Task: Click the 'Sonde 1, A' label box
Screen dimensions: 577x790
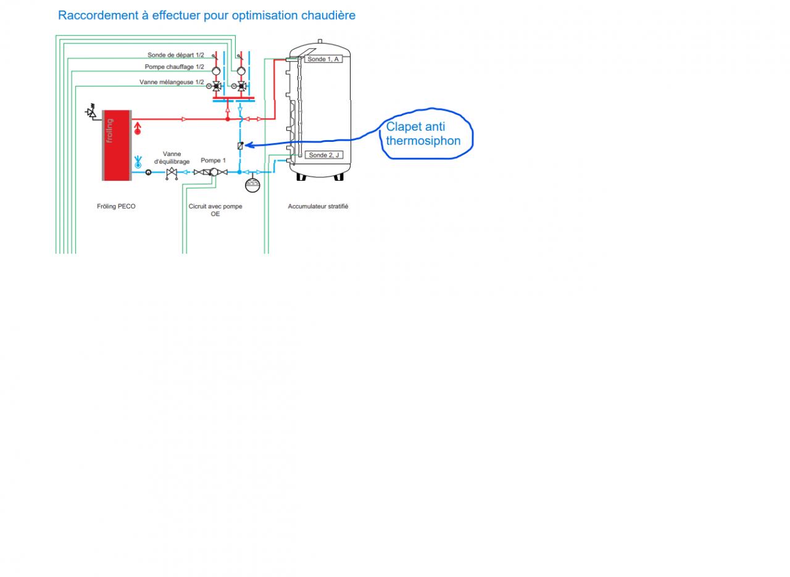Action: pos(323,59)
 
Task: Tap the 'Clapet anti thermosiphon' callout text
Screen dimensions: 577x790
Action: pos(423,134)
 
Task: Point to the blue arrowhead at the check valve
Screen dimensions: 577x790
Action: pos(248,146)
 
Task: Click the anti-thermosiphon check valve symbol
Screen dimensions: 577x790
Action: pos(240,146)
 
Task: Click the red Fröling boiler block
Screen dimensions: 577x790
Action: pos(117,145)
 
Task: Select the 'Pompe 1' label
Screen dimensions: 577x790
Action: pos(214,160)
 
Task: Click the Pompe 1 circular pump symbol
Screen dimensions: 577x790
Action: pos(213,172)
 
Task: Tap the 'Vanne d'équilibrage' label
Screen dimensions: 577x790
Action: pos(172,158)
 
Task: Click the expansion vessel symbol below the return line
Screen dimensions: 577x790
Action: pos(252,185)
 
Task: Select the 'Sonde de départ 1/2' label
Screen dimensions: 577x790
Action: pos(176,56)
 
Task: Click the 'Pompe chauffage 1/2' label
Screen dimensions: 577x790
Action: pos(175,67)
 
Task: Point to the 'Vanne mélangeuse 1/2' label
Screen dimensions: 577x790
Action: pos(172,82)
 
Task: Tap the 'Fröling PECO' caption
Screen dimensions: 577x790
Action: pos(116,206)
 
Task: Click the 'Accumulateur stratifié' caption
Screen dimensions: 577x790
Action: pos(318,206)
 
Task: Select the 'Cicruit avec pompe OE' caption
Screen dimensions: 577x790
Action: pos(215,210)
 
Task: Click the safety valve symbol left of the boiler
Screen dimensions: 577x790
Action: pos(92,112)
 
